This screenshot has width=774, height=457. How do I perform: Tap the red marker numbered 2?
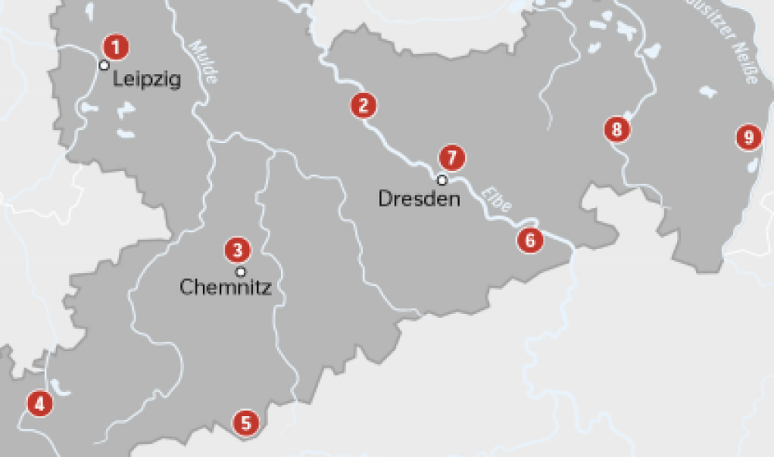coord(363,105)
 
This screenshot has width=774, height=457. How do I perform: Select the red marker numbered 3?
coord(237,250)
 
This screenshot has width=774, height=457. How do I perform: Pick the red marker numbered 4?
coord(39,403)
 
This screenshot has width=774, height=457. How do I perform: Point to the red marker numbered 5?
coord(246,423)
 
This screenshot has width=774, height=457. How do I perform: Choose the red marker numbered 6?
coord(529,240)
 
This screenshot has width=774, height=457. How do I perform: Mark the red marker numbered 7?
coord(452,158)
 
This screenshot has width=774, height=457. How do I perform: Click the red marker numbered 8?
coord(617,129)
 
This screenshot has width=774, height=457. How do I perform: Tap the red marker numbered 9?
coord(748,138)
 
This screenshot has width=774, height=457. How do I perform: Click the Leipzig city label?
coord(147,80)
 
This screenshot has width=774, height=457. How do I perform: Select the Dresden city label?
coord(419,199)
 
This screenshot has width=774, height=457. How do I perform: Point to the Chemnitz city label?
coord(225,288)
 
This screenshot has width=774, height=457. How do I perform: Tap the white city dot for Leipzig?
coord(104,65)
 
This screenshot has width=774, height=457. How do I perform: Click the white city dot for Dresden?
coord(442,180)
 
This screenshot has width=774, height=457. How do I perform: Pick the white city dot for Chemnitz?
coord(241,271)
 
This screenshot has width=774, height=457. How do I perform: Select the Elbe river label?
coord(496,200)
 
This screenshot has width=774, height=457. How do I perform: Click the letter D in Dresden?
coord(385,199)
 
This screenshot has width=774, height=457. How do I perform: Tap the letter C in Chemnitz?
coord(187,288)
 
